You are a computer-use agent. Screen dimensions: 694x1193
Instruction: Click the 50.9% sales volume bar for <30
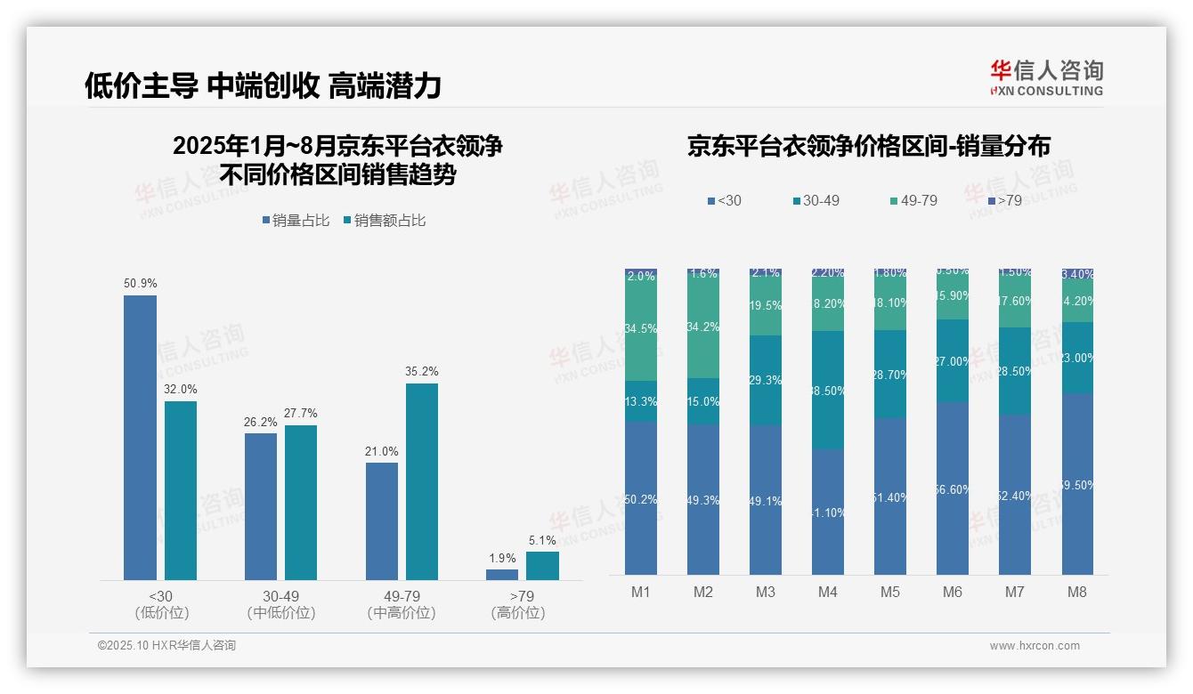[140, 438]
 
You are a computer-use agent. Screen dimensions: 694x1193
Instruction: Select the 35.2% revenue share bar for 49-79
[422, 481]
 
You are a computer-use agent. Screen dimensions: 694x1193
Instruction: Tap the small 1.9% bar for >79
[502, 575]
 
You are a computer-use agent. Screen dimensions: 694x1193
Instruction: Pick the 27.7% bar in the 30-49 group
[301, 503]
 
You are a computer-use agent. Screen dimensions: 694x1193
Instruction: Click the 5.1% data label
[541, 540]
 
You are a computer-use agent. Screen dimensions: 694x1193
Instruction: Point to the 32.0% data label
[181, 389]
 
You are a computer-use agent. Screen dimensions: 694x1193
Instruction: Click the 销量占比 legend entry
[300, 221]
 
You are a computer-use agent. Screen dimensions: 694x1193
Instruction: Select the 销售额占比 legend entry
[385, 221]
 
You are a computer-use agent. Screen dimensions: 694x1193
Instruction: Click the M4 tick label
[828, 593]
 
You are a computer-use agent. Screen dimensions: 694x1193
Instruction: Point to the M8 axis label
[1077, 593]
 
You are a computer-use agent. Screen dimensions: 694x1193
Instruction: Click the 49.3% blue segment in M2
[703, 499]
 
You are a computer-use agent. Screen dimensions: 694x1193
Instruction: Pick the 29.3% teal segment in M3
[766, 380]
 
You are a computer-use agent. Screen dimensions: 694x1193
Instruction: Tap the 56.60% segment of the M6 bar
[953, 488]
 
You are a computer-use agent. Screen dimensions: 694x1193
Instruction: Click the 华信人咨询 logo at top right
[1046, 78]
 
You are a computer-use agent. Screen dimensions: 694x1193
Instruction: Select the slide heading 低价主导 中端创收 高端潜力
[263, 85]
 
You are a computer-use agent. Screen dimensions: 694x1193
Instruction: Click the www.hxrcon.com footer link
[1035, 646]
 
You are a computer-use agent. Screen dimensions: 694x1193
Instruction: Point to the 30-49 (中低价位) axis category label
[281, 604]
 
